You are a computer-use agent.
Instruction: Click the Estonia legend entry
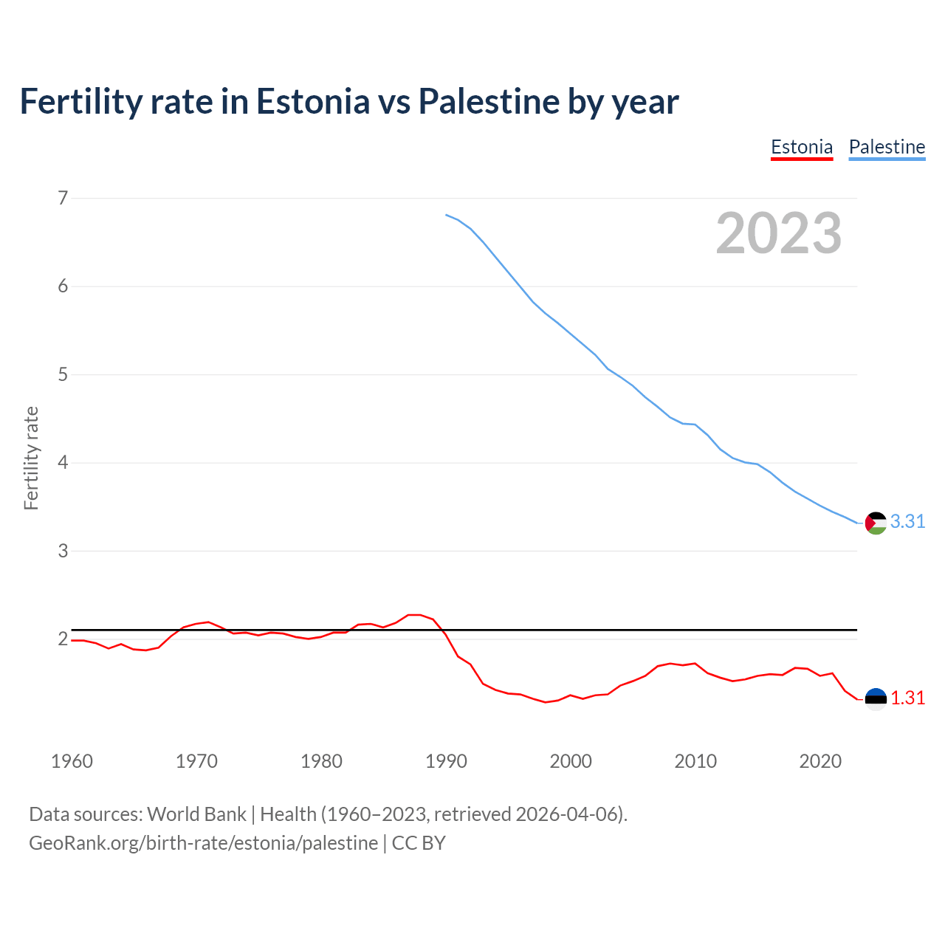(x=802, y=147)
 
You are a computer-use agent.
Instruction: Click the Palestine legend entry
(x=887, y=147)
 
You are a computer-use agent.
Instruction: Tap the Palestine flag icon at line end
(x=876, y=523)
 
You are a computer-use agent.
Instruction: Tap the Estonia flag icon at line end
(x=876, y=698)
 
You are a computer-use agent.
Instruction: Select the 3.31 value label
(x=907, y=522)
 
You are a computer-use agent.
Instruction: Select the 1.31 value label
(x=907, y=698)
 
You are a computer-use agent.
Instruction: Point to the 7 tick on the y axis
(x=63, y=198)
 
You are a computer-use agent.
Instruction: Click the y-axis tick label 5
(x=63, y=374)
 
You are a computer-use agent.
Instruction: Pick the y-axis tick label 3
(x=63, y=551)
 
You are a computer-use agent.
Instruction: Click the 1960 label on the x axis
(x=72, y=761)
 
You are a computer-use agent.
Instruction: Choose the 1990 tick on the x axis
(x=446, y=761)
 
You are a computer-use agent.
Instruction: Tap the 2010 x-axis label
(x=695, y=761)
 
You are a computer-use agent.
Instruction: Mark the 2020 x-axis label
(x=820, y=761)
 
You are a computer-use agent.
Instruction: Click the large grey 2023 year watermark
(x=779, y=233)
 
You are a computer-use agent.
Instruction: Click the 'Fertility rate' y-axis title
(x=31, y=458)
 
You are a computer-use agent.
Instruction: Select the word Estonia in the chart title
(x=312, y=101)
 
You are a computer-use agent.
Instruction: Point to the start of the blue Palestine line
(x=446, y=215)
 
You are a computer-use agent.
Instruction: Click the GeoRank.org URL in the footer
(x=203, y=843)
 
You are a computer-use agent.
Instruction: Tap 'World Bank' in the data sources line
(x=196, y=814)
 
